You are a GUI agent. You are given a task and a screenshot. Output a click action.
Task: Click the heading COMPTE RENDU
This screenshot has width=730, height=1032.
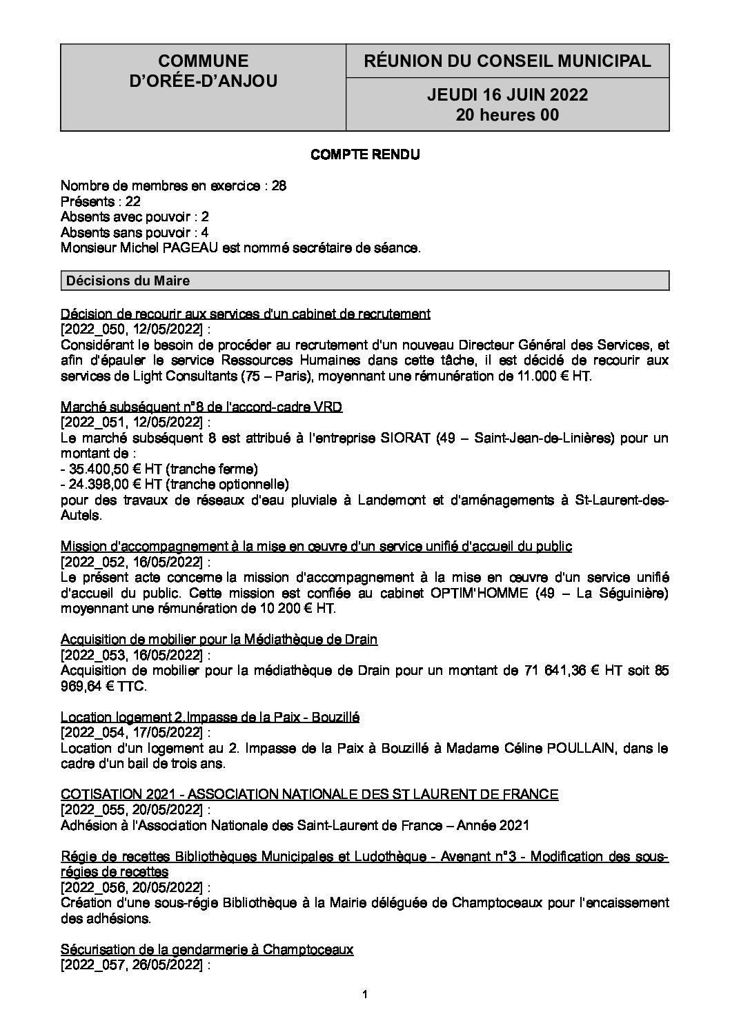pyautogui.click(x=365, y=155)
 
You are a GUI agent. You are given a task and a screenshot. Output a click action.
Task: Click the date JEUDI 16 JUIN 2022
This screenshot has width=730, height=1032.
pyautogui.click(x=507, y=95)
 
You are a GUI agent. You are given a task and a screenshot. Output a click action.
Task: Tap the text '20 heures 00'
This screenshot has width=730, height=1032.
pyautogui.click(x=507, y=115)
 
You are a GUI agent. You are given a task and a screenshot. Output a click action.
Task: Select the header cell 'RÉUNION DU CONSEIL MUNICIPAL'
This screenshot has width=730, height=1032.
pyautogui.click(x=507, y=61)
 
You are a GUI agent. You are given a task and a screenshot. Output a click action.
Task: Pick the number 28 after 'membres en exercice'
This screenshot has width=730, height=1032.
pyautogui.click(x=279, y=186)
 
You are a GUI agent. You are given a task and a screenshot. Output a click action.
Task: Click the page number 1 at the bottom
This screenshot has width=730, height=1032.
pyautogui.click(x=365, y=994)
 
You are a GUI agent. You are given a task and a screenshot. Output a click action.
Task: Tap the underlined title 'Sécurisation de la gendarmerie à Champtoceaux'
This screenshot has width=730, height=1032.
pyautogui.click(x=207, y=950)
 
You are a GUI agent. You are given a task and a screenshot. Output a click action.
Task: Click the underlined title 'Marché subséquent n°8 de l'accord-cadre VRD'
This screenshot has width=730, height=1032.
pyautogui.click(x=201, y=407)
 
